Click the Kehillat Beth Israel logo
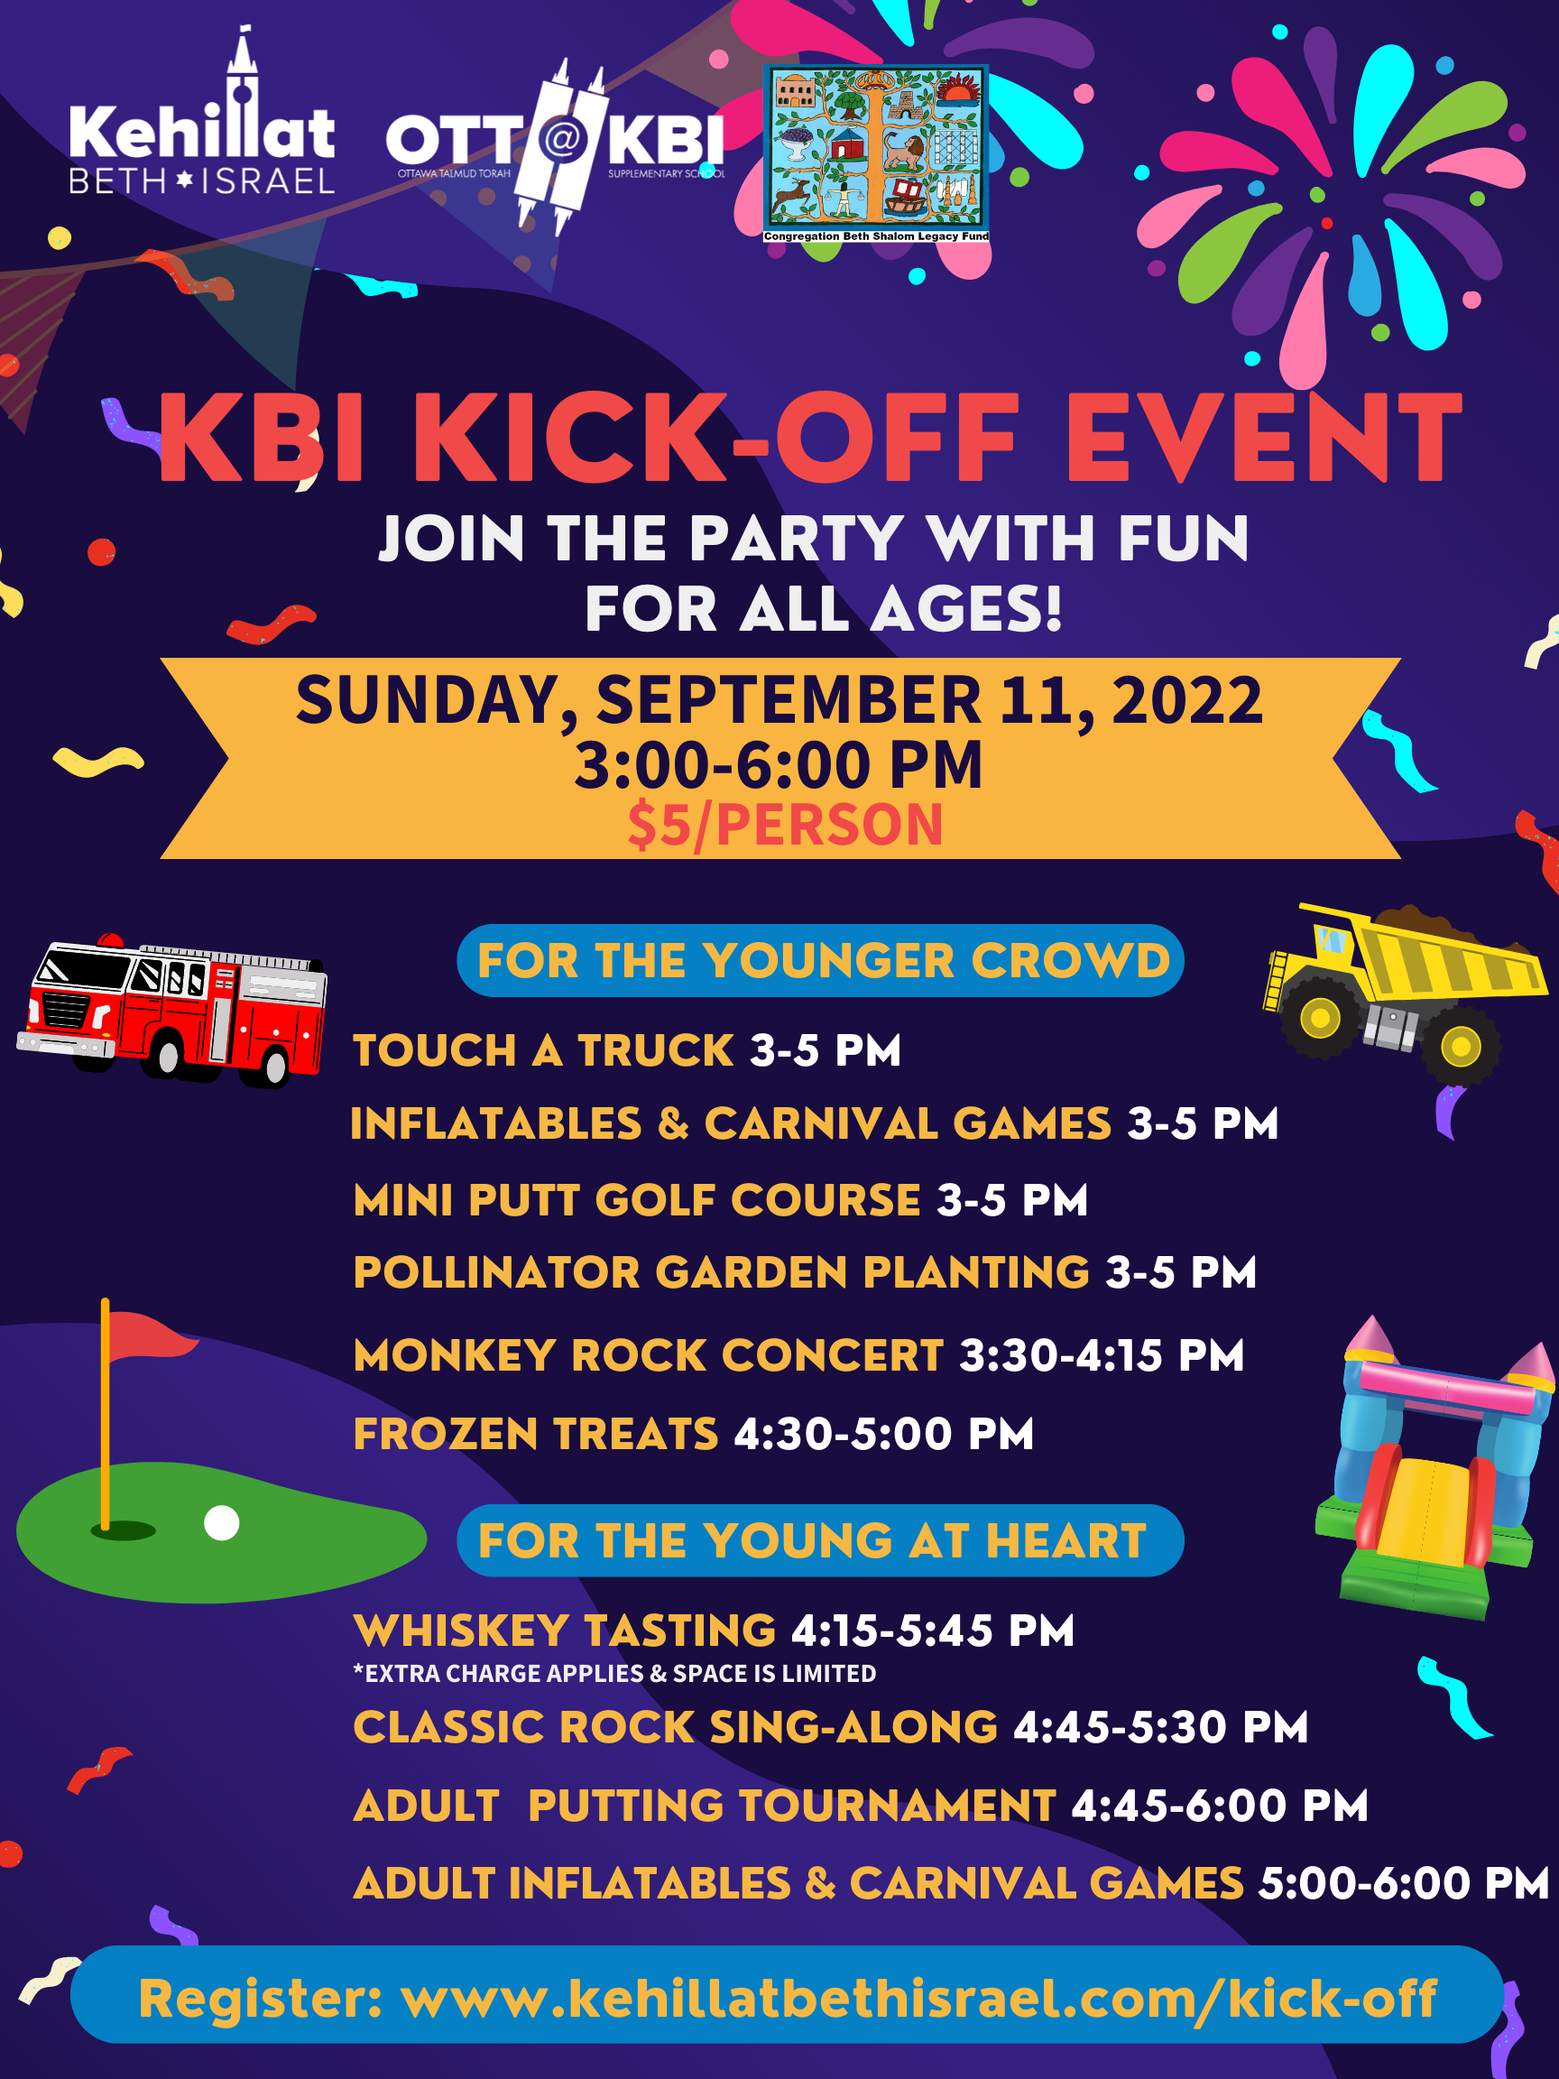click(202, 113)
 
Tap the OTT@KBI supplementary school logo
click(555, 145)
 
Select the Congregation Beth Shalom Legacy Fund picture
click(876, 154)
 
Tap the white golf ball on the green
click(222, 1522)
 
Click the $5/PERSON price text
click(785, 826)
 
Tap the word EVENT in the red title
click(1263, 438)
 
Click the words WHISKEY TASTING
click(565, 1631)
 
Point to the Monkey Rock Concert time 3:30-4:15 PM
click(1102, 1356)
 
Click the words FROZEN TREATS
click(536, 1434)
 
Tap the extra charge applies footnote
click(614, 1674)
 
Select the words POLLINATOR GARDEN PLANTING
click(722, 1272)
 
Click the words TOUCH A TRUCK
click(543, 1050)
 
